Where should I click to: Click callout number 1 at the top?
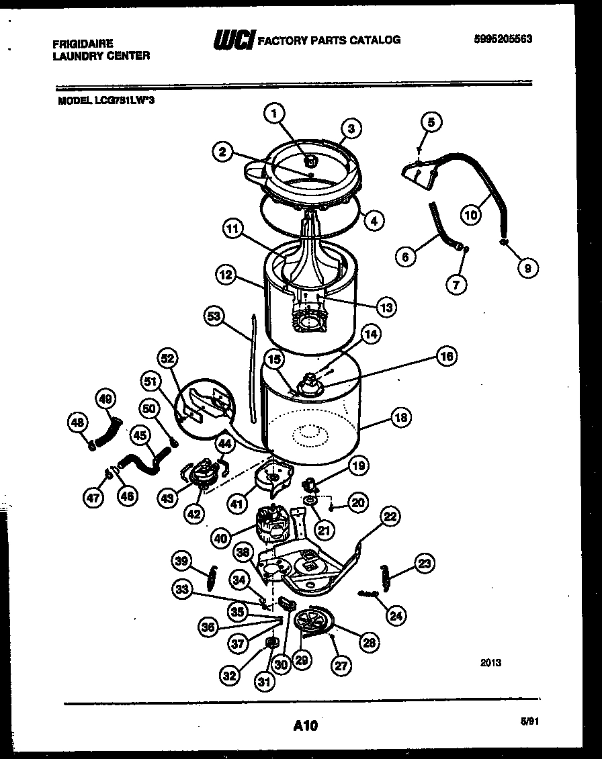point(273,115)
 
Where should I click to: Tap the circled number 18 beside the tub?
point(400,417)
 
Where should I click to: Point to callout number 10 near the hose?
point(472,215)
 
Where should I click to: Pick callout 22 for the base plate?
point(390,517)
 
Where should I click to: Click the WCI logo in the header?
point(233,40)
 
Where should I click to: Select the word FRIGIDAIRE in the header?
point(82,44)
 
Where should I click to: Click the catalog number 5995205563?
point(503,39)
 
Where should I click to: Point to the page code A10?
point(305,725)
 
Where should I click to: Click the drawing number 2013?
point(491,663)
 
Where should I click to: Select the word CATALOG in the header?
point(373,40)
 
